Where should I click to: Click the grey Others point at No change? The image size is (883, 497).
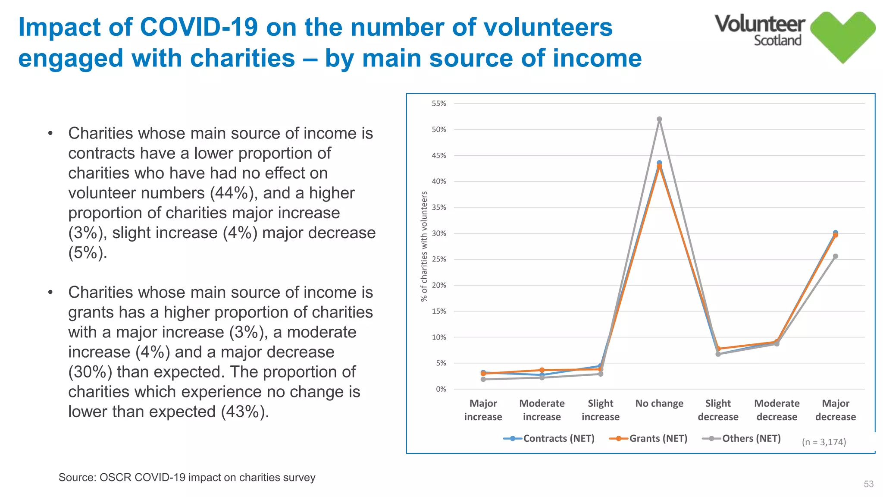(x=659, y=119)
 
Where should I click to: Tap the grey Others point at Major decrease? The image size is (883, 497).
(x=835, y=256)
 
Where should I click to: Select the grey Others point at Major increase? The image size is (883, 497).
(x=483, y=379)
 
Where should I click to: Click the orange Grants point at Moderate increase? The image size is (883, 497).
(x=542, y=370)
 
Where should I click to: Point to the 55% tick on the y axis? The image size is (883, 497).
(x=439, y=104)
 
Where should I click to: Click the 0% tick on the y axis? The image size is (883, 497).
(x=441, y=389)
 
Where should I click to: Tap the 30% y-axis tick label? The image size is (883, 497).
(x=439, y=233)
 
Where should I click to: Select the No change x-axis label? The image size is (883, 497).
(x=659, y=404)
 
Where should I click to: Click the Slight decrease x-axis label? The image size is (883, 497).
(x=718, y=410)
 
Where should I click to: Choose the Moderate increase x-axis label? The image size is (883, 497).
(x=542, y=410)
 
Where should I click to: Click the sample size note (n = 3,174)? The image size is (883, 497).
(x=824, y=442)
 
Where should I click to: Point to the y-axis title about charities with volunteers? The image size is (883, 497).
(x=424, y=246)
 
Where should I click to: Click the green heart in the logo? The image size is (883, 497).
(x=842, y=37)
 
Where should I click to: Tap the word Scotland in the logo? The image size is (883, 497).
(x=777, y=41)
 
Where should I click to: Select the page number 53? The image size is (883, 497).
(x=868, y=484)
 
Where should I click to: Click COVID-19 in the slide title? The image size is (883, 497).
(x=199, y=27)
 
